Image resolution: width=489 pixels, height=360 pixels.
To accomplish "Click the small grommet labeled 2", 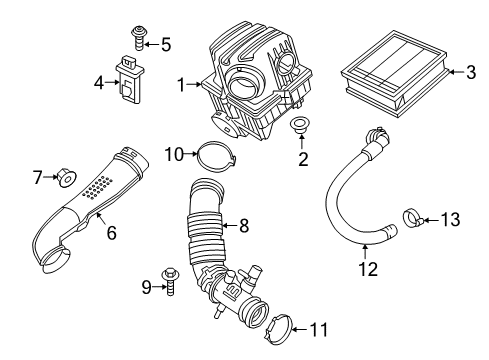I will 297,128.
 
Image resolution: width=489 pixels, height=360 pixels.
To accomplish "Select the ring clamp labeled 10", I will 209,154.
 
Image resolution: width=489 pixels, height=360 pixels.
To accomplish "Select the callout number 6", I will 111,233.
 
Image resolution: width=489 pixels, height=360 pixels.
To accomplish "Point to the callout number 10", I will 172,154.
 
